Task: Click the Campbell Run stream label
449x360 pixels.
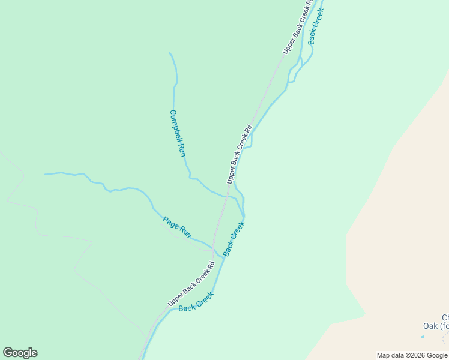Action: (178, 133)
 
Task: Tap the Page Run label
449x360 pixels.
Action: (176, 226)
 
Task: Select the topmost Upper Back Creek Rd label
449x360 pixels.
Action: (298, 28)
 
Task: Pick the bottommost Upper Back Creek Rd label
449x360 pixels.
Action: (191, 284)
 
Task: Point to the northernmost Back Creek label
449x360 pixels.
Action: (316, 26)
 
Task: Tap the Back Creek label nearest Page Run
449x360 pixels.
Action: (234, 239)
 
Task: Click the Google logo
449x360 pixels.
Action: (20, 353)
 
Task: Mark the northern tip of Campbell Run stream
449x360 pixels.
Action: (170, 53)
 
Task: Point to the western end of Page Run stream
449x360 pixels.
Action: (45, 175)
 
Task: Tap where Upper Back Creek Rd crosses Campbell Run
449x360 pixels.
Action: (226, 196)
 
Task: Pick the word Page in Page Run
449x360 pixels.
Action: (170, 222)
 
